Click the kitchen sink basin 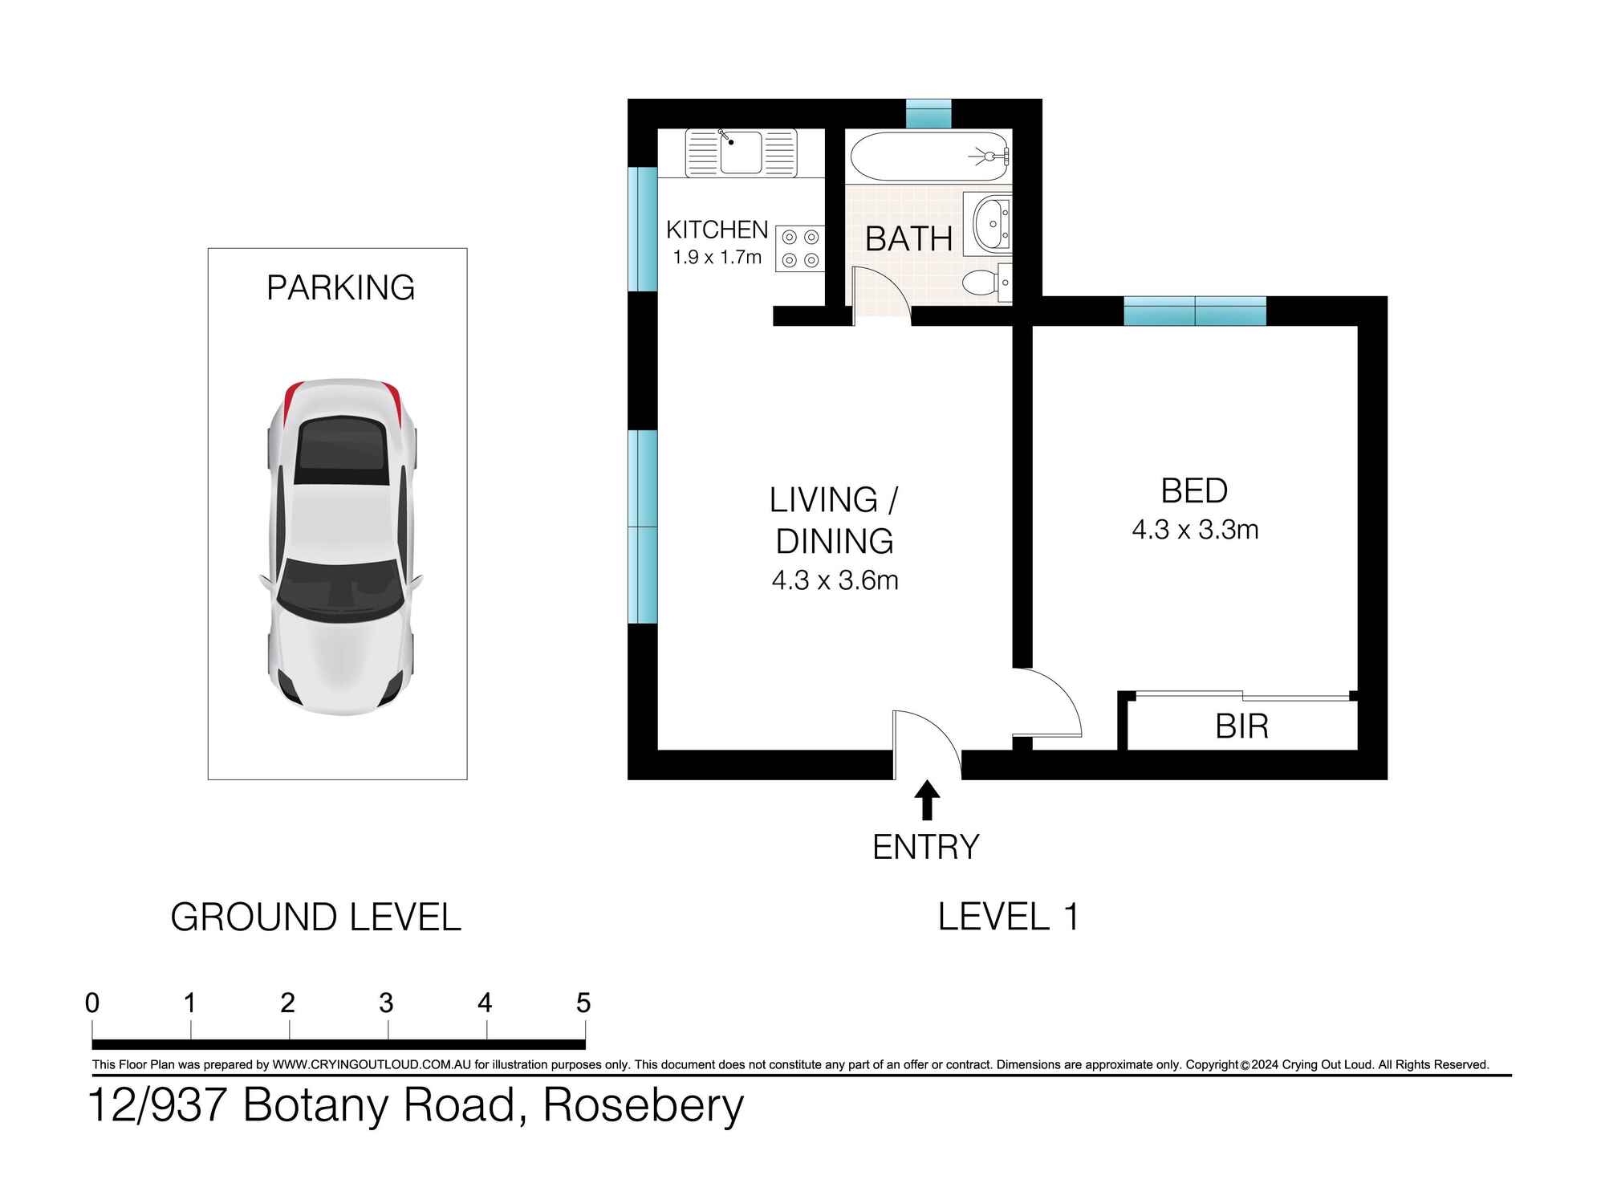(741, 153)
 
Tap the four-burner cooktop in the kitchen (800, 248)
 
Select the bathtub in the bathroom (928, 157)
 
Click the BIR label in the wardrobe (1241, 726)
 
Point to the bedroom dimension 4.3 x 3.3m (1194, 530)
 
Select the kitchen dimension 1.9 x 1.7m (717, 258)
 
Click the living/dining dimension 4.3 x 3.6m (835, 580)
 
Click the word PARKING (340, 287)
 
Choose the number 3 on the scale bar (386, 1003)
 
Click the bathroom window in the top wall (928, 113)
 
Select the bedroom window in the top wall (1194, 311)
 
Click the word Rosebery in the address (644, 1105)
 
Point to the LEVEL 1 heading (1008, 917)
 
